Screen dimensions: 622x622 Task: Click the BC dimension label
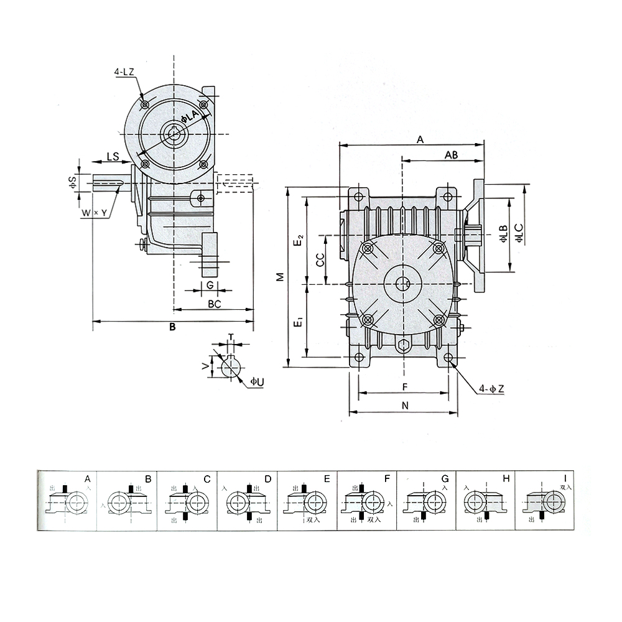pyautogui.click(x=214, y=304)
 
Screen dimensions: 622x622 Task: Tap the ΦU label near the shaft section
pyautogui.click(x=256, y=381)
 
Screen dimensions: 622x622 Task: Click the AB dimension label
pyautogui.click(x=452, y=155)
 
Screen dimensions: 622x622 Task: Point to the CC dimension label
pyautogui.click(x=319, y=260)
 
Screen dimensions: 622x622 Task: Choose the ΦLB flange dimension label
pyautogui.click(x=503, y=234)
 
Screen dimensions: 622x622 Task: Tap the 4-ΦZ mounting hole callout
pyautogui.click(x=491, y=389)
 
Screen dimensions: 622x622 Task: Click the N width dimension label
pyautogui.click(x=404, y=406)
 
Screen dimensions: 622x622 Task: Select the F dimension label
pyautogui.click(x=404, y=387)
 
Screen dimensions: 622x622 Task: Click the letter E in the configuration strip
pyautogui.click(x=327, y=478)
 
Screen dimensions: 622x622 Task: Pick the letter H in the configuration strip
pyautogui.click(x=506, y=478)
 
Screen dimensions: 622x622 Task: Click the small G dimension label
pyautogui.click(x=210, y=285)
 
